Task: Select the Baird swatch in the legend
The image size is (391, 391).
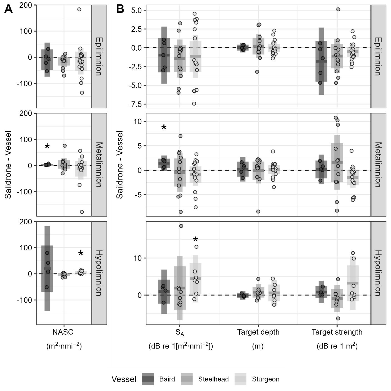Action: pyautogui.click(x=148, y=379)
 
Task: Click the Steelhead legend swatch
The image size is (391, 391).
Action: pyautogui.click(x=187, y=379)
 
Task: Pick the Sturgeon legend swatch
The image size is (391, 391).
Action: pyautogui.click(x=240, y=379)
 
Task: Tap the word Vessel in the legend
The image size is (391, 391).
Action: pyautogui.click(x=124, y=379)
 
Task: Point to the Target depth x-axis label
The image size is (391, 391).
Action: pyautogui.click(x=258, y=332)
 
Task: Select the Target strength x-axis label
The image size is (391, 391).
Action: pyautogui.click(x=337, y=332)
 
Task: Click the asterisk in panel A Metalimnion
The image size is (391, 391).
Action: pyautogui.click(x=47, y=147)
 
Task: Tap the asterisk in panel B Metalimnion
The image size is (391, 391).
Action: pyautogui.click(x=164, y=128)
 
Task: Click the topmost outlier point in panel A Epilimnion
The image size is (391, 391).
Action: pyautogui.click(x=79, y=9)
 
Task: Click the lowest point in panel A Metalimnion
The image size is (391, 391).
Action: pyautogui.click(x=82, y=212)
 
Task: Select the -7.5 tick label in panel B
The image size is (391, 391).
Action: pyautogui.click(x=135, y=104)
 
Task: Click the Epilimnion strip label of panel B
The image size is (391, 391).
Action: pyautogui.click(x=378, y=56)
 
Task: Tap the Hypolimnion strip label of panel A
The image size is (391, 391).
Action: pyautogui.click(x=99, y=273)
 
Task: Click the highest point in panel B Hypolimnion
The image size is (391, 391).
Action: pyautogui.click(x=181, y=226)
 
